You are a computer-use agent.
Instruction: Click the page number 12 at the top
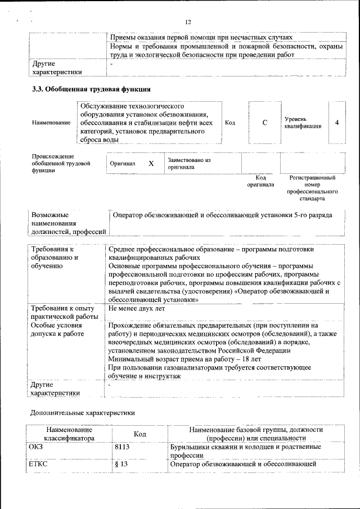click(x=188, y=22)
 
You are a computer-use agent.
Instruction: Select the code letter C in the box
click(x=264, y=123)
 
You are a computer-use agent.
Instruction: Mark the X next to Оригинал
click(x=151, y=163)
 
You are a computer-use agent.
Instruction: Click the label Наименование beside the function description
click(x=51, y=123)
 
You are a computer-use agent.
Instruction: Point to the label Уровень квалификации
click(x=303, y=123)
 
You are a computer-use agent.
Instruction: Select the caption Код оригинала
click(x=260, y=181)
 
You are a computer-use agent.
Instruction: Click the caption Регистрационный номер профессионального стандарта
click(x=312, y=188)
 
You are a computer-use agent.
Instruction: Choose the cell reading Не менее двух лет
click(x=136, y=309)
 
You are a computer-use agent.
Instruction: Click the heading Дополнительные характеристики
click(x=82, y=413)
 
